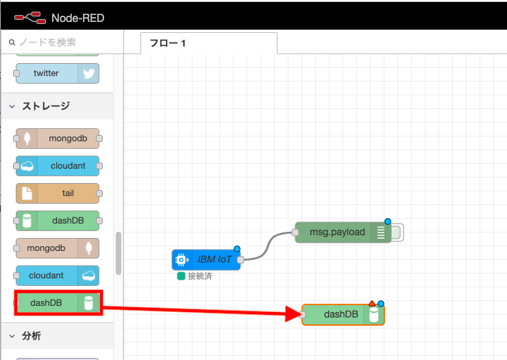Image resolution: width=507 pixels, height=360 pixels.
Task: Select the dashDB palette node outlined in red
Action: tap(58, 302)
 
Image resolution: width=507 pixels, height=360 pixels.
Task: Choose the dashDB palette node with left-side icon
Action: tap(58, 221)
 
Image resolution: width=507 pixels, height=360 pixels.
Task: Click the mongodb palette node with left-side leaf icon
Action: tap(58, 139)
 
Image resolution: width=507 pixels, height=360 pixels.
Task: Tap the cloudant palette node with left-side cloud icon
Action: tap(58, 166)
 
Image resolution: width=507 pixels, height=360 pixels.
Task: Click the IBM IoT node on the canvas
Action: tap(206, 260)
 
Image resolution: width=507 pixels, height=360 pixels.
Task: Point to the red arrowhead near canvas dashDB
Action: tap(293, 315)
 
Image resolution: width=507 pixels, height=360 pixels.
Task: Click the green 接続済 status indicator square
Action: tap(181, 276)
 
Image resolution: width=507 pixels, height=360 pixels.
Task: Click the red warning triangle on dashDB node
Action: tap(371, 303)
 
